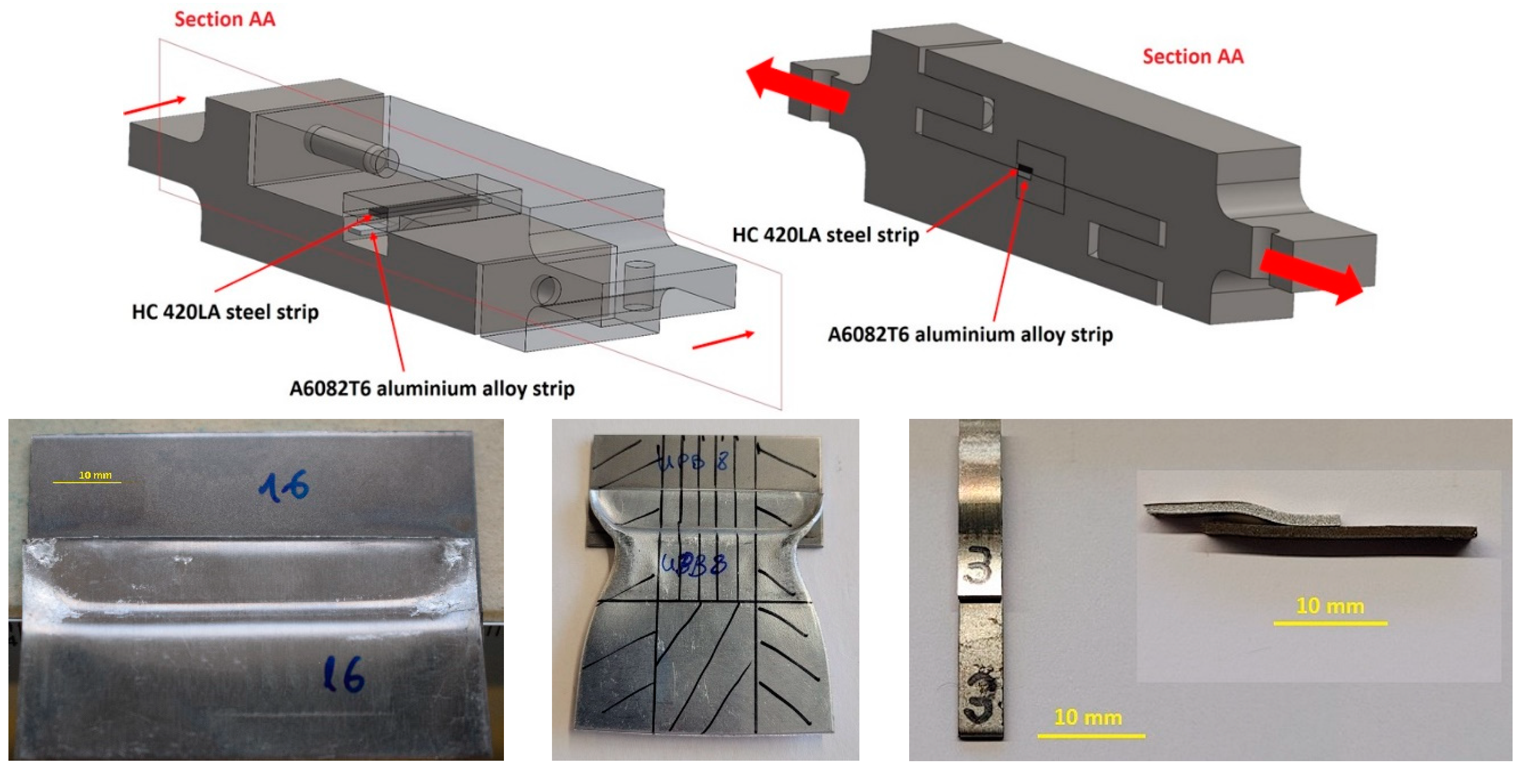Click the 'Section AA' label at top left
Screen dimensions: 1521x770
pyautogui.click(x=224, y=19)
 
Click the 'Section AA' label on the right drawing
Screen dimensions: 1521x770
pyautogui.click(x=1193, y=56)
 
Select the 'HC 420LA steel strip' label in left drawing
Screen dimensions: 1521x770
pyautogui.click(x=225, y=311)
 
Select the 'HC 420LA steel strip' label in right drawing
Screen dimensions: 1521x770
pyautogui.click(x=826, y=235)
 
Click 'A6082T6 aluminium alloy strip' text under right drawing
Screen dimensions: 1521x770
pyautogui.click(x=970, y=335)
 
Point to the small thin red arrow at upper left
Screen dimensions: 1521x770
pyautogui.click(x=155, y=105)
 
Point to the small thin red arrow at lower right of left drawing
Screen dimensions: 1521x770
pyautogui.click(x=723, y=341)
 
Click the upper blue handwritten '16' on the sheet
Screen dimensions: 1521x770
pyautogui.click(x=283, y=487)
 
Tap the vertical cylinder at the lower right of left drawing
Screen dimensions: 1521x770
pyautogui.click(x=639, y=286)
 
